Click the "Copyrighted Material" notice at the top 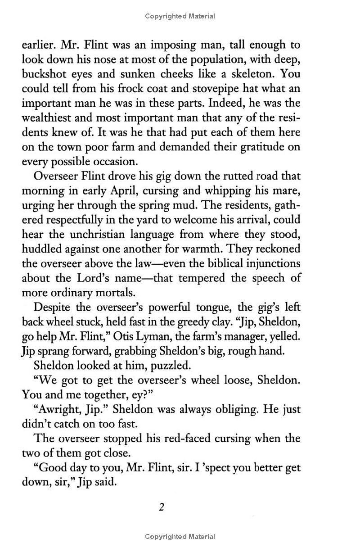point(180,17)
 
